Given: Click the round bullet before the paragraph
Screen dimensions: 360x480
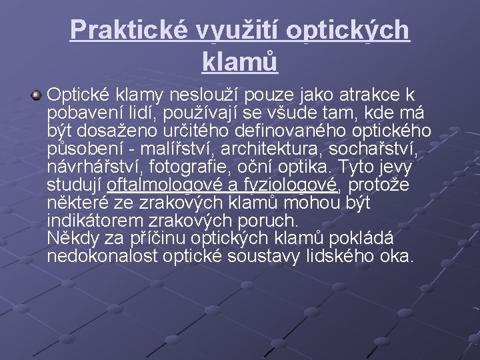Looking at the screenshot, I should tap(37, 96).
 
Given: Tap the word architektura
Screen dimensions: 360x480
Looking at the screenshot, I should tap(253, 147).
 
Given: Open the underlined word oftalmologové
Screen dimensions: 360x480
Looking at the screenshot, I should tap(167, 183).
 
